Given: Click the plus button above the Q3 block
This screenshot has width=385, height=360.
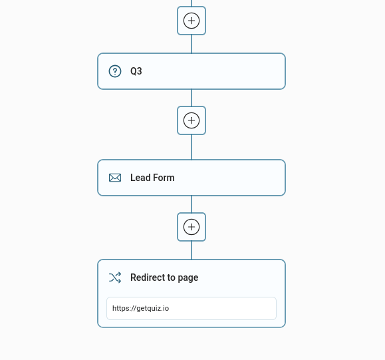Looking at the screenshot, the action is click(192, 21).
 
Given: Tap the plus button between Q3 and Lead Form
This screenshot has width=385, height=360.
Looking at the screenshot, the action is click(192, 120).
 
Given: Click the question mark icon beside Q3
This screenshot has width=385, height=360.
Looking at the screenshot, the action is click(115, 71).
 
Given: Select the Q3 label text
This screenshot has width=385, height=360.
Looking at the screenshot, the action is click(136, 71).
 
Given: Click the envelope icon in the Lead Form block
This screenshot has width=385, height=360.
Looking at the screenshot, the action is click(115, 178).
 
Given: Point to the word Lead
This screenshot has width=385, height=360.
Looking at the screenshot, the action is click(140, 178).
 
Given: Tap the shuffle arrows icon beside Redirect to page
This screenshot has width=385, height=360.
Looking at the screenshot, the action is click(115, 277).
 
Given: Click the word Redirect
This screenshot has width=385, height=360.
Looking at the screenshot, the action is click(148, 277).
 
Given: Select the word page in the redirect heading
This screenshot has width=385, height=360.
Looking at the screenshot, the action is click(188, 278).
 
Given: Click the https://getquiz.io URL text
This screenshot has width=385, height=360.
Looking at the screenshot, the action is click(141, 308).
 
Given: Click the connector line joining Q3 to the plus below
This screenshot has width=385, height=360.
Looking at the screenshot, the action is click(192, 98).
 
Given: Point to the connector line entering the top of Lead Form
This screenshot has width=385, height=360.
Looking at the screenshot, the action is click(192, 147).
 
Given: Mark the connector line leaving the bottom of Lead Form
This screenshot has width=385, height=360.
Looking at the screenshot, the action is click(192, 204).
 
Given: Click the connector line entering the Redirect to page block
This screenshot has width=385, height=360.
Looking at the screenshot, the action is click(192, 250).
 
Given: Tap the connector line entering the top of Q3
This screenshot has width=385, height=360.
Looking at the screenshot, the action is click(192, 44).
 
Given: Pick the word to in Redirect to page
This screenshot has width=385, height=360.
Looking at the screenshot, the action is click(172, 277).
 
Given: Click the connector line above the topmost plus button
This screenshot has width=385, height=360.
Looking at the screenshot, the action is click(192, 3).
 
